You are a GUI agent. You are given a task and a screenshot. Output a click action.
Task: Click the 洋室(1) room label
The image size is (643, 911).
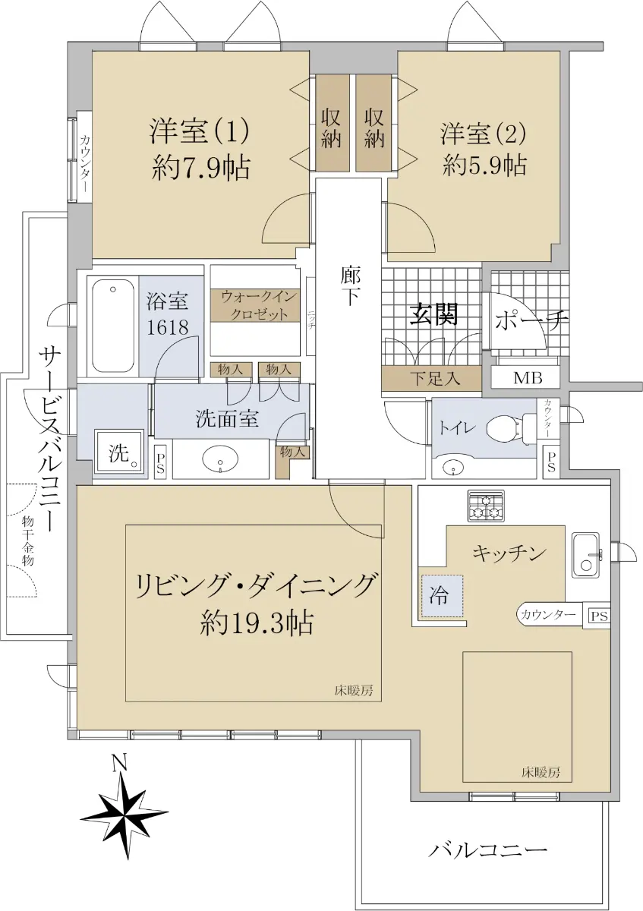(x=200, y=131)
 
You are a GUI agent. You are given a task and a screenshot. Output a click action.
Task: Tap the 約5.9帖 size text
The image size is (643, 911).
(x=485, y=165)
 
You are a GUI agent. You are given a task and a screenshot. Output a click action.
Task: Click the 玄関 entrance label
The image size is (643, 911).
(x=434, y=314)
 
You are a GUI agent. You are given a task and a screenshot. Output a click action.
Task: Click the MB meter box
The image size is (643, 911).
(x=528, y=378)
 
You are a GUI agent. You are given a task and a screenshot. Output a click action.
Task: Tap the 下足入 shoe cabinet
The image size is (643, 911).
(x=431, y=379)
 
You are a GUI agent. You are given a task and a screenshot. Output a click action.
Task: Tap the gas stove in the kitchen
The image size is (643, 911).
(x=486, y=506)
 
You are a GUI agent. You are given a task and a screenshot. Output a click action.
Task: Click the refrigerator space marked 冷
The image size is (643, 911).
(x=442, y=595)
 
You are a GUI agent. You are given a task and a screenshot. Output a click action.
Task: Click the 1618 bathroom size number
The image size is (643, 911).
(x=167, y=326)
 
